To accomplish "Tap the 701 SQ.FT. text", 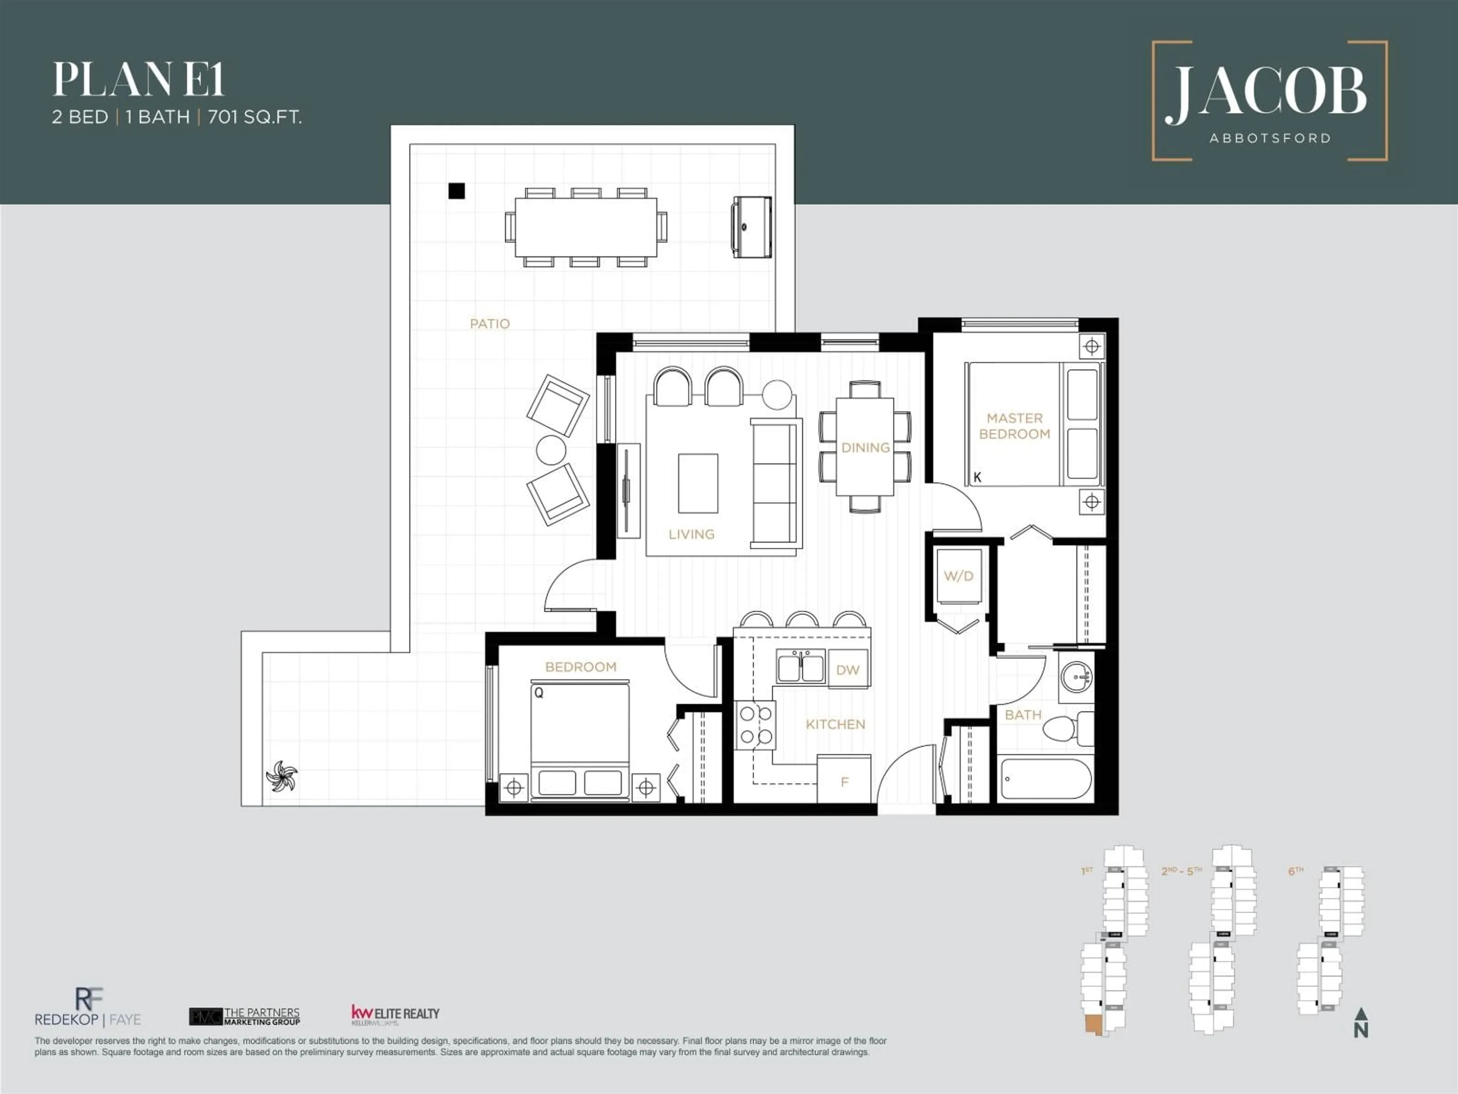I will point(254,117).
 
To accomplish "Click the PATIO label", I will point(490,324).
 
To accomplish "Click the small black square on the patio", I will point(456,191).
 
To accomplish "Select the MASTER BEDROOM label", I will point(1015,426).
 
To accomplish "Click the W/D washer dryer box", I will point(958,576).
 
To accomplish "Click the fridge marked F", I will point(844,781).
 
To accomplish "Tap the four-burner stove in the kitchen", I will point(755,725).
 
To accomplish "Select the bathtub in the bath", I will point(1045,779).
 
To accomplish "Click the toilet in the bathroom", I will point(1062,729).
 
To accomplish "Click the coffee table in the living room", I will point(698,483).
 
